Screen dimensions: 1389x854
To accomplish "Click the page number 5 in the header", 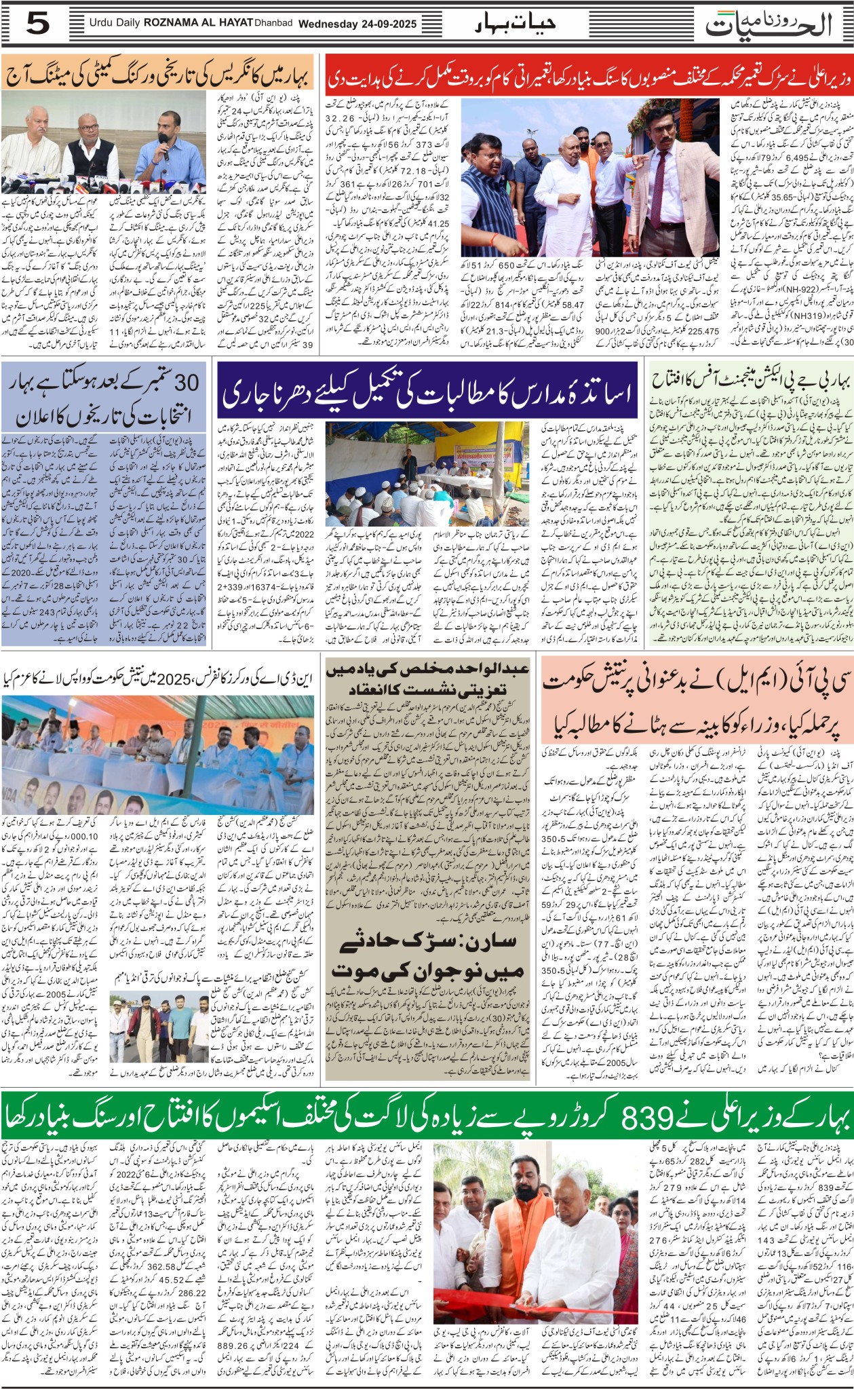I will pyautogui.click(x=38, y=24).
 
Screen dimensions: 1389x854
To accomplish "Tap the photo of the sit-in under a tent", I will pyautogui.click(x=433, y=470).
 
